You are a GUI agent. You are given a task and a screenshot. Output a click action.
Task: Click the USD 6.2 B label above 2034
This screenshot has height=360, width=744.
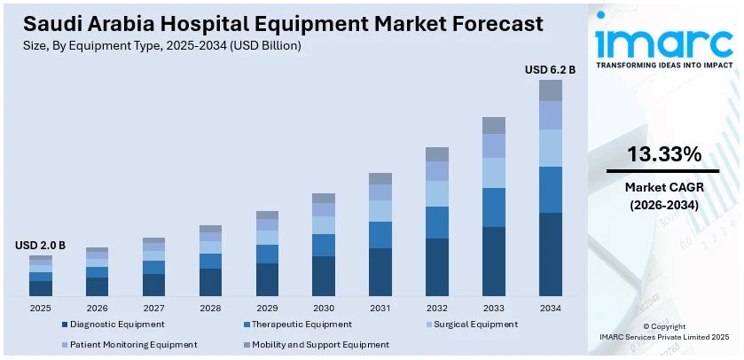550,69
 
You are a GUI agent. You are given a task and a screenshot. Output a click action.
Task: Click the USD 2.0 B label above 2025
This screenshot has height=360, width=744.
40,245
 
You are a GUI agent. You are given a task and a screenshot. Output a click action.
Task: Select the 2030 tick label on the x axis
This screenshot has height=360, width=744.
324,308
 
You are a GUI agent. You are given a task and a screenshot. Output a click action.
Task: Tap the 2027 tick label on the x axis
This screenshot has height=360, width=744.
153,308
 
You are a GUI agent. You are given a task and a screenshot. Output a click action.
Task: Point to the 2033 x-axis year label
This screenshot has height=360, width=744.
494,308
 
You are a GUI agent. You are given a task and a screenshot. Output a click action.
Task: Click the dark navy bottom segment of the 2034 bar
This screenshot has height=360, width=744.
551,254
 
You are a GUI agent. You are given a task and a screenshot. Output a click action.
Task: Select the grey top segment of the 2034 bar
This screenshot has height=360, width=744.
551,90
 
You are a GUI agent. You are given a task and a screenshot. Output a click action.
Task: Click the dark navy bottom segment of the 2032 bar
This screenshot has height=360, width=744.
437,266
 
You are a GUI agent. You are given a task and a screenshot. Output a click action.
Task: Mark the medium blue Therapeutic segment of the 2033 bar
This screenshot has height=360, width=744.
494,207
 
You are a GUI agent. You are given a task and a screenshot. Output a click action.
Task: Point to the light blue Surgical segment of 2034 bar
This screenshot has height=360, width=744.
551,147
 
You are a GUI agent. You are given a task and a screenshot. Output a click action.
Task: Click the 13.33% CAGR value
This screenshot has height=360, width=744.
663,155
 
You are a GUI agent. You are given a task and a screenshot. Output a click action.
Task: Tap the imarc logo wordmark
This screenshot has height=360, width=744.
662,42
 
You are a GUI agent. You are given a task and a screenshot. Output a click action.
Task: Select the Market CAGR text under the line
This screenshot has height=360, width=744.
662,187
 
